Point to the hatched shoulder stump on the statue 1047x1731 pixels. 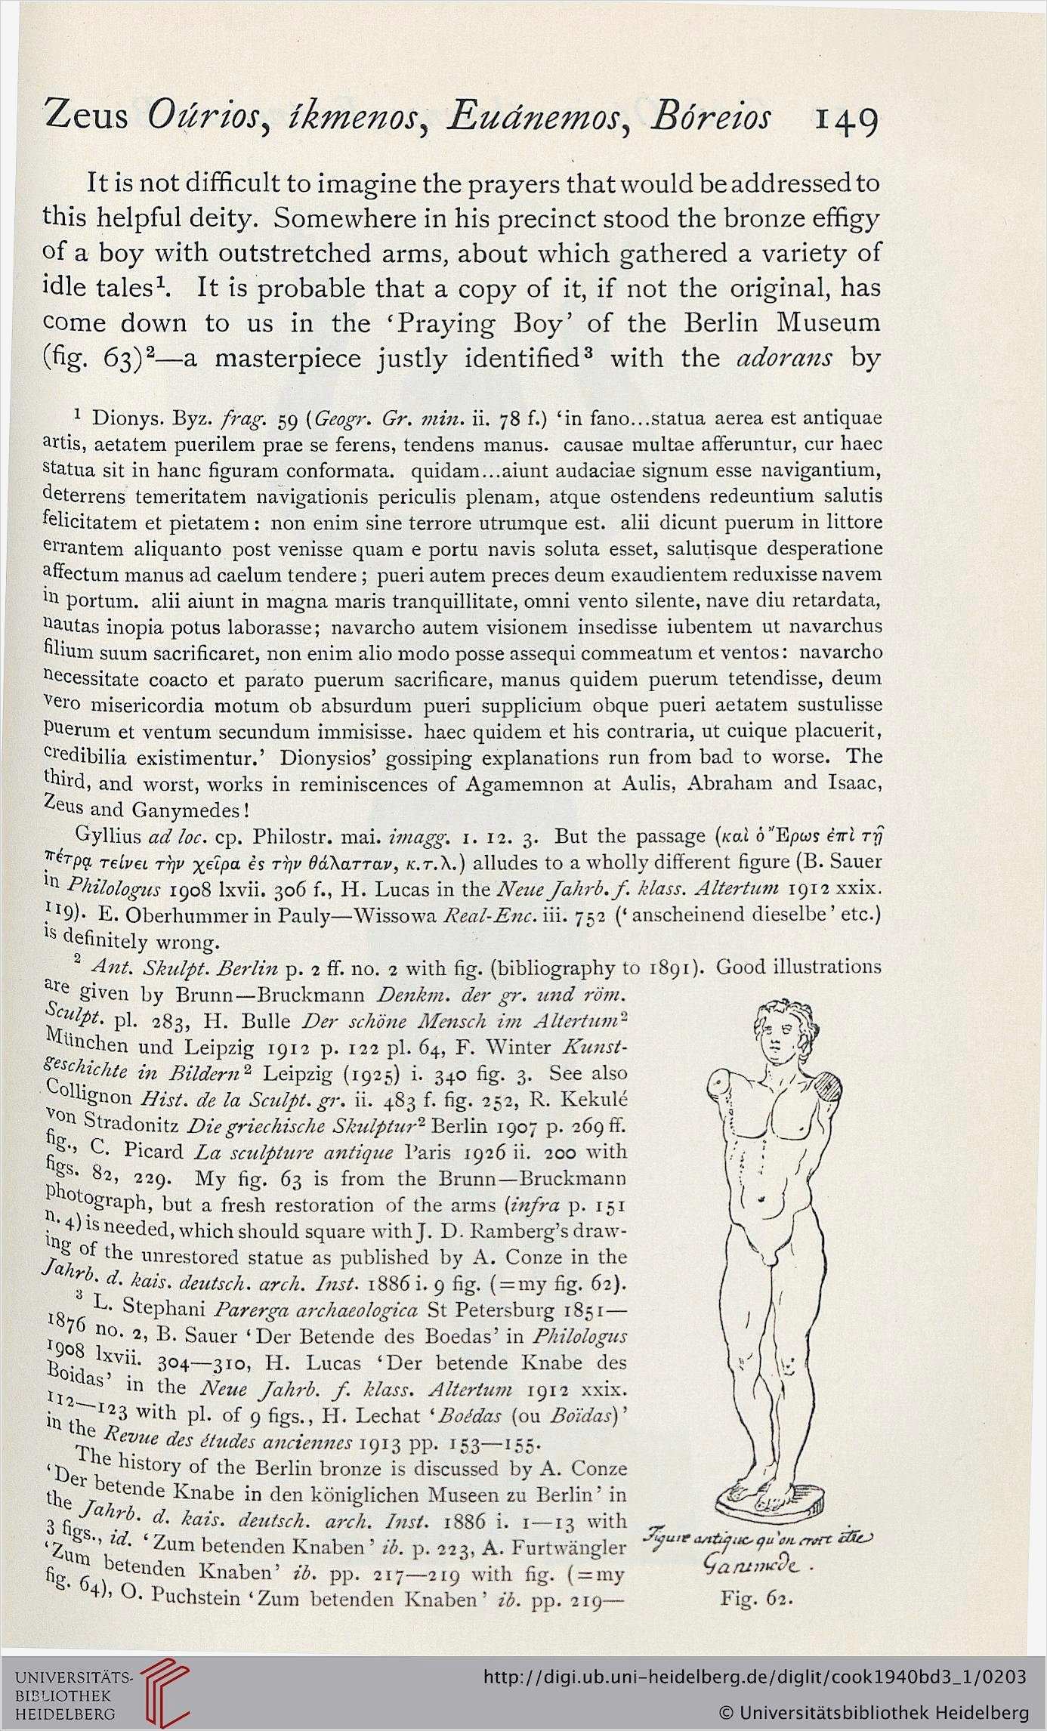click(829, 1089)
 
